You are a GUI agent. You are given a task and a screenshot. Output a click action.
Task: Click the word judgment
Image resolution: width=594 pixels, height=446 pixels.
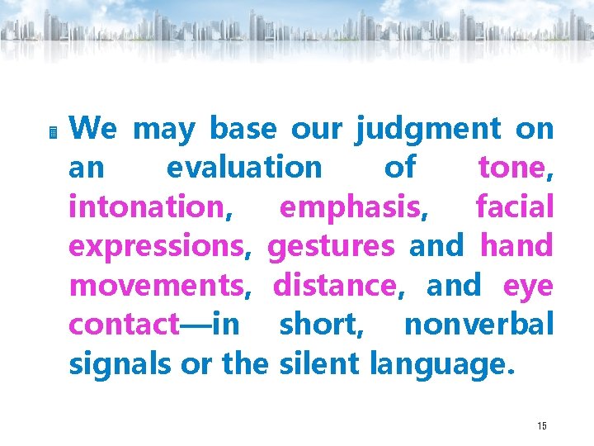428,130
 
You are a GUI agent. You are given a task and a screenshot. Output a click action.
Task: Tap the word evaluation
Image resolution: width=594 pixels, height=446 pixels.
244,168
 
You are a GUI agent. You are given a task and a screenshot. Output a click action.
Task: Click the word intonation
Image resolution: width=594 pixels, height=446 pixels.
146,207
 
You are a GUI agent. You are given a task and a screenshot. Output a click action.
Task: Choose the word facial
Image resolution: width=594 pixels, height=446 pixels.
515,207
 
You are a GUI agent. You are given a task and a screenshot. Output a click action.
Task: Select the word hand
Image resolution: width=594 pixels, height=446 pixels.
516,246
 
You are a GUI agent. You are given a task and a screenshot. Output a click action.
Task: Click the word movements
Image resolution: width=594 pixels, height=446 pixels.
158,285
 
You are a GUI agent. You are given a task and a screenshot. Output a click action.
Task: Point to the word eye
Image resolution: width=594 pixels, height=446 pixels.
528,287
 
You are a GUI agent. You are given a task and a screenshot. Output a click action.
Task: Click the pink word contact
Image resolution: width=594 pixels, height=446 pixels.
124,324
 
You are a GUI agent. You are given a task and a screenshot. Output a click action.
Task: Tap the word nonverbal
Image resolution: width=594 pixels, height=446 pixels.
478,324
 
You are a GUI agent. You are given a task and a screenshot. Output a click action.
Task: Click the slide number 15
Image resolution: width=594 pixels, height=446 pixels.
542,426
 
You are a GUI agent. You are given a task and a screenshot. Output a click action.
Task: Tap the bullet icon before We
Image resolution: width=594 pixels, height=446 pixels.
52,131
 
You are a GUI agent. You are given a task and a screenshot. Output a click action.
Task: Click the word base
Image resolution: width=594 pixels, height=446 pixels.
244,130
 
